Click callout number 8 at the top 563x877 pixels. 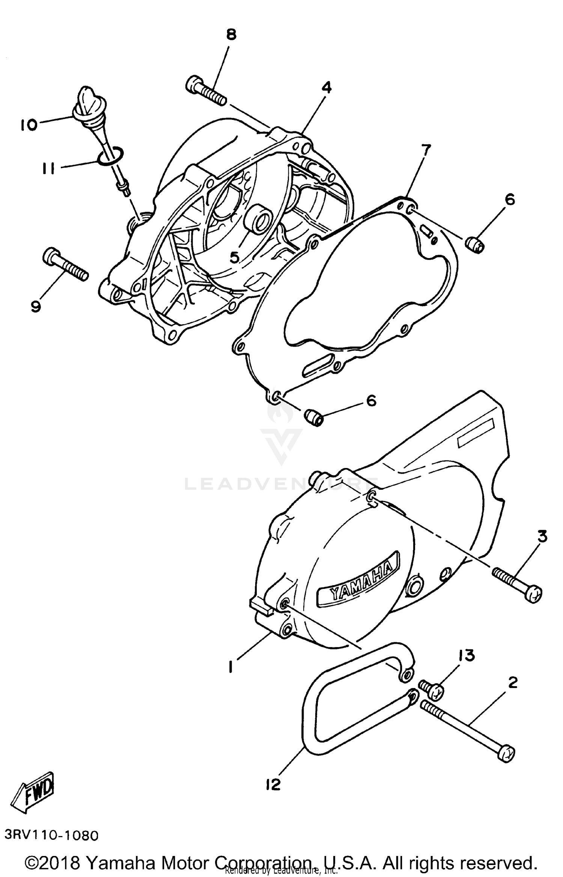[231, 35]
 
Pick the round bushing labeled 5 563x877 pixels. [257, 221]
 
